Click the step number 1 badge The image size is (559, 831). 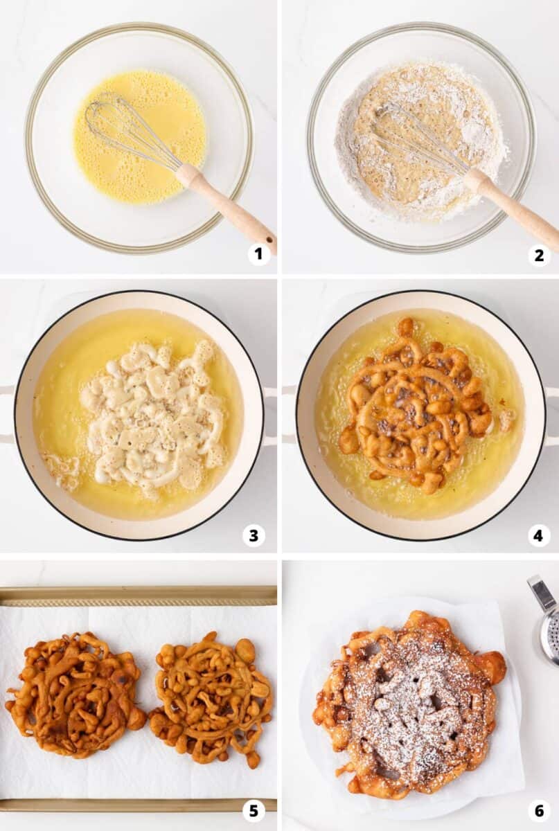[259, 254]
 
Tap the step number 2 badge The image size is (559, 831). [539, 255]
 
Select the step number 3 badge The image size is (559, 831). [254, 535]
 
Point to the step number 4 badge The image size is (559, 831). [539, 535]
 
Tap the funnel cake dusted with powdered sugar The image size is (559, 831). [409, 703]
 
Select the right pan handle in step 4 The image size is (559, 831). [552, 415]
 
